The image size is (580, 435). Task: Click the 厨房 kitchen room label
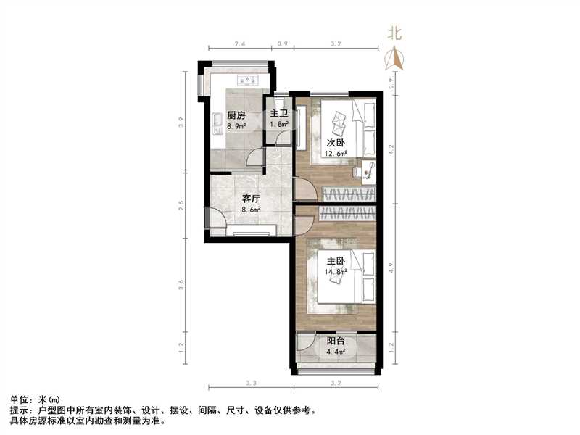click(x=236, y=115)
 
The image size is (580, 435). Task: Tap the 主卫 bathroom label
click(x=279, y=114)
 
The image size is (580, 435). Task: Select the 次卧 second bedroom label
click(x=335, y=143)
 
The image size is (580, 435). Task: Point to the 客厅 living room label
click(x=251, y=198)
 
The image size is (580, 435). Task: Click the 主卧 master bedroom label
click(x=334, y=262)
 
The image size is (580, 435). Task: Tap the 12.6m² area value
click(x=335, y=154)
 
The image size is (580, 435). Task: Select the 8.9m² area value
click(x=236, y=126)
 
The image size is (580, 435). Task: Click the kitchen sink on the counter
click(x=217, y=124)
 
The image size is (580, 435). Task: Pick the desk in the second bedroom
click(x=368, y=170)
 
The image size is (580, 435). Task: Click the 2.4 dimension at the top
click(x=240, y=45)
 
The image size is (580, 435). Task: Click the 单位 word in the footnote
click(x=18, y=399)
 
